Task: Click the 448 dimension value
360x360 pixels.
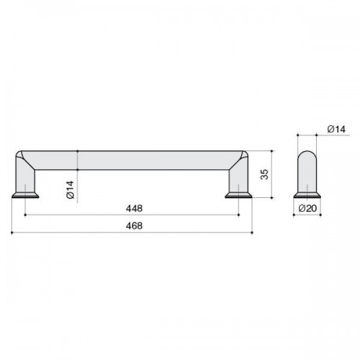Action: pyautogui.click(x=134, y=208)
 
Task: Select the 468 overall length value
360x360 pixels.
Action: pyautogui.click(x=134, y=226)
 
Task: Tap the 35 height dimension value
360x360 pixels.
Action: pyautogui.click(x=264, y=174)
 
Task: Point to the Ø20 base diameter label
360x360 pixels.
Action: pyautogui.click(x=307, y=208)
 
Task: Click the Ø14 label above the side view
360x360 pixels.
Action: pyautogui.click(x=336, y=130)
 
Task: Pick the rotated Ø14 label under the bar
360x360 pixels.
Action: pyautogui.click(x=71, y=189)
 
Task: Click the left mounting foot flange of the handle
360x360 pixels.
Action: pyautogui.click(x=25, y=195)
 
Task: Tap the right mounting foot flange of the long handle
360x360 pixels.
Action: pyautogui.click(x=238, y=195)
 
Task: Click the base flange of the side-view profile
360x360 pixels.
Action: pyautogui.click(x=307, y=195)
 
